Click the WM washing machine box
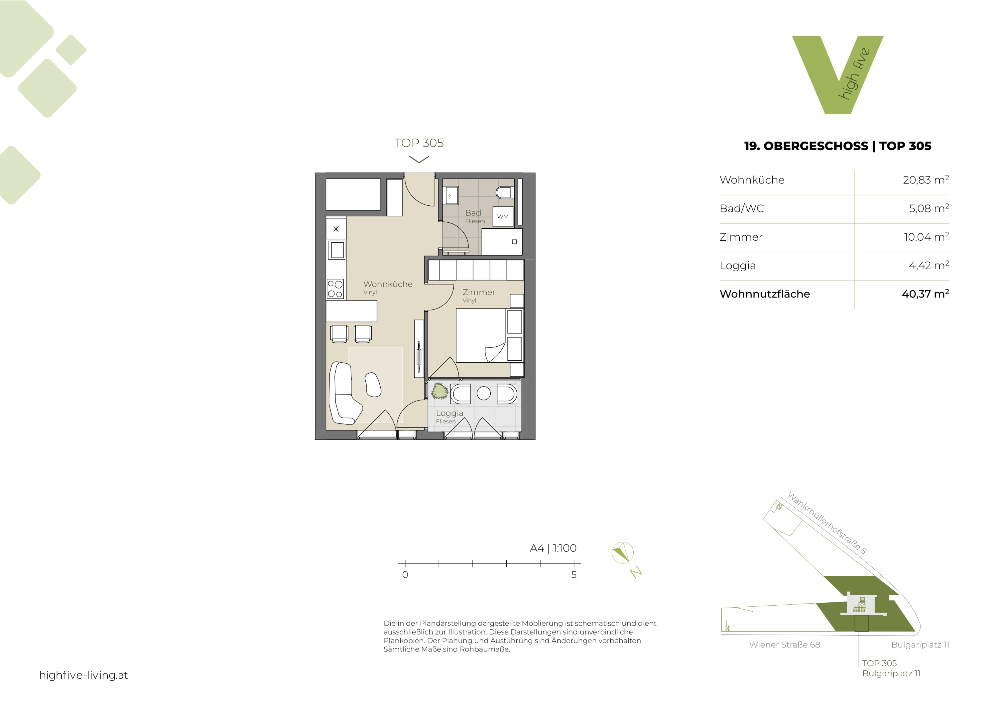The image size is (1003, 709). [503, 217]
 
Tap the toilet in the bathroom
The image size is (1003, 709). [505, 193]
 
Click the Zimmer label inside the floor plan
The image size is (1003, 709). [479, 292]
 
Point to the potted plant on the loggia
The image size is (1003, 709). [440, 391]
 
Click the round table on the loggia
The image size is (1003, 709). [484, 393]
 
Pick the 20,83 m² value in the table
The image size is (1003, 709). [926, 180]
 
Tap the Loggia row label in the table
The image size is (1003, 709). [737, 266]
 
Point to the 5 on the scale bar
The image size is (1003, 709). [574, 575]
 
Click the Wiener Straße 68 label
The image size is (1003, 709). [785, 645]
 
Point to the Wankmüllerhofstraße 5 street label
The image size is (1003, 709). [826, 523]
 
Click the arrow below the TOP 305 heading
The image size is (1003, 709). [419, 160]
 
